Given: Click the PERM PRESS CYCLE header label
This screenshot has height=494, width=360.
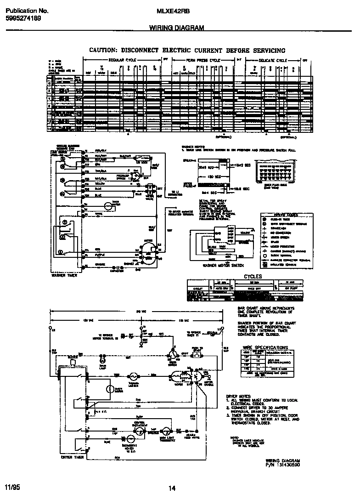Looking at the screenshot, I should click(x=203, y=60).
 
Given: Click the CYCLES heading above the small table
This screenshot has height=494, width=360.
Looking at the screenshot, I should click(x=253, y=276).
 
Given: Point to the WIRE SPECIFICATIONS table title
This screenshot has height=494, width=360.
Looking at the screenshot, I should click(x=265, y=347).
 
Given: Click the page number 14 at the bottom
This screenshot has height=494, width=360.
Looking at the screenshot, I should click(x=172, y=488).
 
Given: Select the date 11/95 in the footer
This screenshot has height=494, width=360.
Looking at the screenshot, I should click(x=13, y=486).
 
